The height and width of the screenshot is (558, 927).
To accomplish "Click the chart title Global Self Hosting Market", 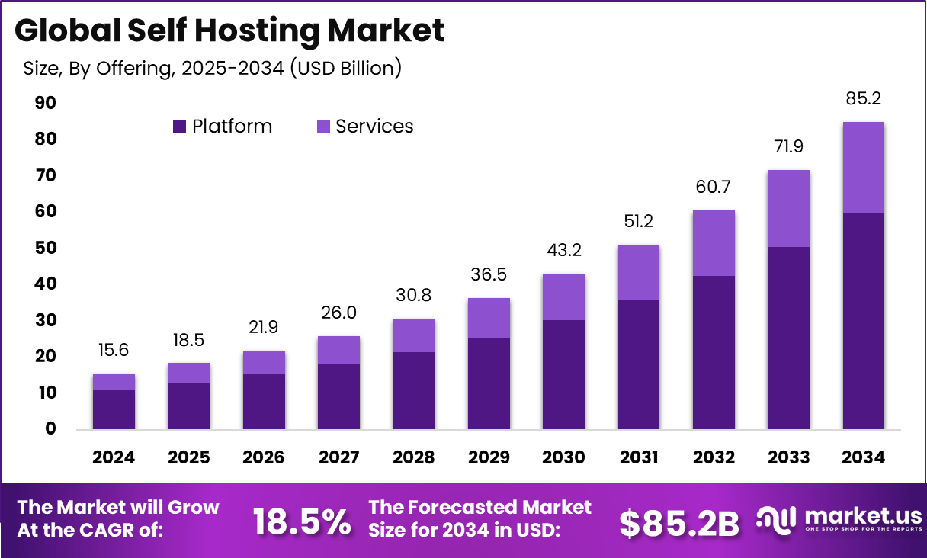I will pos(229,30).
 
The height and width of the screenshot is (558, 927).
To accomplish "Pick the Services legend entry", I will pos(365,127).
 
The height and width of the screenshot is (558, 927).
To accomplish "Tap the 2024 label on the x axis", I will pos(114,457).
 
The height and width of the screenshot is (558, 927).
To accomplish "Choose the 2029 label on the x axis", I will pos(489,457).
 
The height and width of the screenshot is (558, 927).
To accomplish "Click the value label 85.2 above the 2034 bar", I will pos(864,98).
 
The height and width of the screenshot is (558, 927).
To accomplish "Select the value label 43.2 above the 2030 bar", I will pos(563,250).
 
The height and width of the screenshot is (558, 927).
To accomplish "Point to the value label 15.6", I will pos(114,350).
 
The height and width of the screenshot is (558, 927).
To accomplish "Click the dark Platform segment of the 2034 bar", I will pos(864,320).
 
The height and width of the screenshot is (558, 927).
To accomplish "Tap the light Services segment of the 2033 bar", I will pos(788,208).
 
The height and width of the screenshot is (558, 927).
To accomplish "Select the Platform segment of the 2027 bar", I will pos(338,396).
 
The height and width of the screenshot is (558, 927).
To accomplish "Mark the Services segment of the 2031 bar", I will pos(639,272).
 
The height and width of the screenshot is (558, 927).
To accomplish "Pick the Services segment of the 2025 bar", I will pos(188,373).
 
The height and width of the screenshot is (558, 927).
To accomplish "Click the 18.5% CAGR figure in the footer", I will pos(302,522).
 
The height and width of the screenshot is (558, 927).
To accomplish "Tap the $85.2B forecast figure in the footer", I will pos(678,522).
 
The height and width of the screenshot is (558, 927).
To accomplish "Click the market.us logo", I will pos(839,521).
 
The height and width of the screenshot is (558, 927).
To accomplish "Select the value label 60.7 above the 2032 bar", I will pos(714,187).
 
